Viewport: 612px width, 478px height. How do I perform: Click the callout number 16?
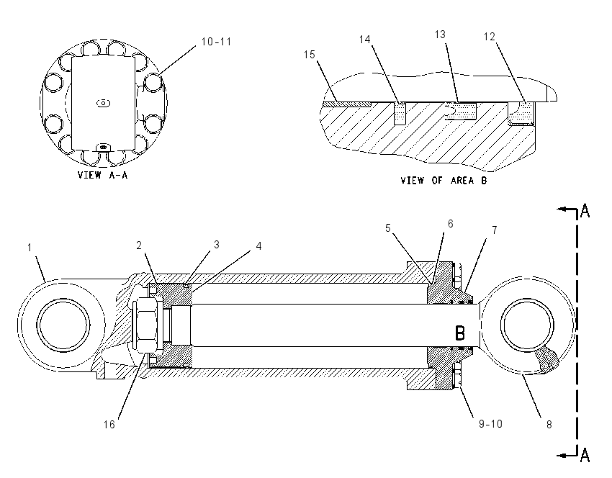tap(109, 425)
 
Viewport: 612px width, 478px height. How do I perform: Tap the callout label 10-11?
tap(216, 42)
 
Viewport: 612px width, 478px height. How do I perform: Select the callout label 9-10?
tap(490, 424)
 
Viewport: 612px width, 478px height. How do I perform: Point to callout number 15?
tap(309, 55)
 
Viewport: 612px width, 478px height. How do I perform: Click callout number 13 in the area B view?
tap(440, 35)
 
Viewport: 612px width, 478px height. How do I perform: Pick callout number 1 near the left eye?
tap(30, 248)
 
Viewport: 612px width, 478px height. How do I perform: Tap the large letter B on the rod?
tap(460, 333)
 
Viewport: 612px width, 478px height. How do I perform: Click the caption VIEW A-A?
tap(103, 175)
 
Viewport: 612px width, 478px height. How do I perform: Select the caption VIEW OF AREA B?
tap(444, 181)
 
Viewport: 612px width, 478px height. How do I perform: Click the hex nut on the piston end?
tap(145, 325)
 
